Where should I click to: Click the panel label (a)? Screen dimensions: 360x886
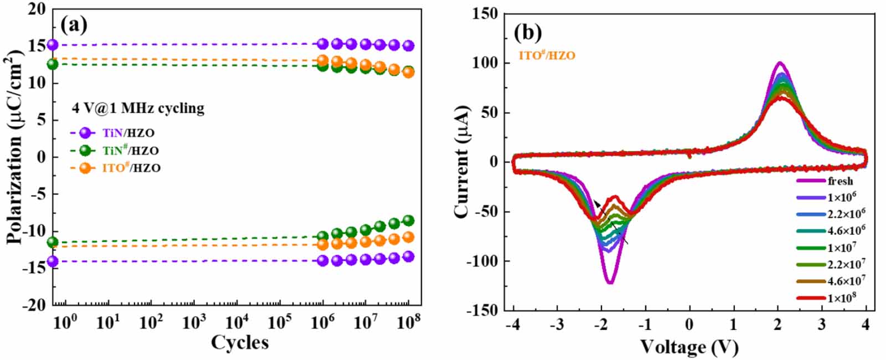pos(74,24)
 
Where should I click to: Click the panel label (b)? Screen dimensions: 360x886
pos(527,33)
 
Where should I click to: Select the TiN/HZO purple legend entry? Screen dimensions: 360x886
pos(127,133)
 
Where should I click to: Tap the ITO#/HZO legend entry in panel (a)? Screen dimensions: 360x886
pos(131,168)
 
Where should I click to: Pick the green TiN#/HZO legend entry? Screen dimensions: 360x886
pos(130,150)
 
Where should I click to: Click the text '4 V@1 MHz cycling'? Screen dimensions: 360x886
pos(138,108)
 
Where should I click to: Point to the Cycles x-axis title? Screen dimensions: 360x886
pos(240,342)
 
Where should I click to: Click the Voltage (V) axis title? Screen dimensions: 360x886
pos(689,347)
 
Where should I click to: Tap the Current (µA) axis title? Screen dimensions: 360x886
pos(461,161)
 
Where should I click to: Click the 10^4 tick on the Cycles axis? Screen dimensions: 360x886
pos(237,322)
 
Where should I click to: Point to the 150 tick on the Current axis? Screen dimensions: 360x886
pos(485,14)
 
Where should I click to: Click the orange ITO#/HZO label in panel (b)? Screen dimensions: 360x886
pos(547,55)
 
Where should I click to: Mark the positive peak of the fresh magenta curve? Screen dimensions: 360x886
pos(779,63)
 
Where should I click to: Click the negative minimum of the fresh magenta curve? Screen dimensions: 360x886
pos(610,283)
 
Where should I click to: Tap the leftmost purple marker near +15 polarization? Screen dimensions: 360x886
pos(53,45)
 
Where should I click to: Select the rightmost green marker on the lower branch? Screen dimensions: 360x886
pos(408,220)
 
